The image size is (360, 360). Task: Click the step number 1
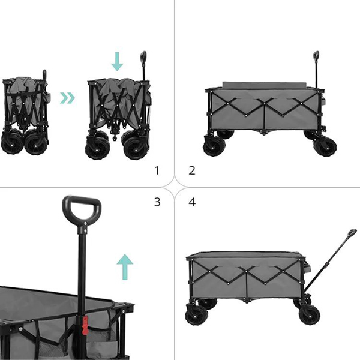coord(157,170)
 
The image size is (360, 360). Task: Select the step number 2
coord(192,170)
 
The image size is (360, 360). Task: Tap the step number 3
coord(157,202)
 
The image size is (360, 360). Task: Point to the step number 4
coord(192,202)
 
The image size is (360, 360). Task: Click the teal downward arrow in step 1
coord(117,61)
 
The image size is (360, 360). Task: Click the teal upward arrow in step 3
coord(125,267)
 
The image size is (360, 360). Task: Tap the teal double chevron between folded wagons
coord(67,98)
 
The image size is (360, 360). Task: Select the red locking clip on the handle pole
coord(85,325)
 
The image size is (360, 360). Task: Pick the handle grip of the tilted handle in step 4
coord(352,233)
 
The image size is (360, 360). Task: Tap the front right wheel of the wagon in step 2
coord(325,146)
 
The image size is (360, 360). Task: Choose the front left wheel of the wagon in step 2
coord(214,146)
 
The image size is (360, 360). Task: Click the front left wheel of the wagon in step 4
coord(197,314)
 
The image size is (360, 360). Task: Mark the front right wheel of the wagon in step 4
coord(309,314)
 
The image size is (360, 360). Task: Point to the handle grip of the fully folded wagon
coord(44,74)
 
